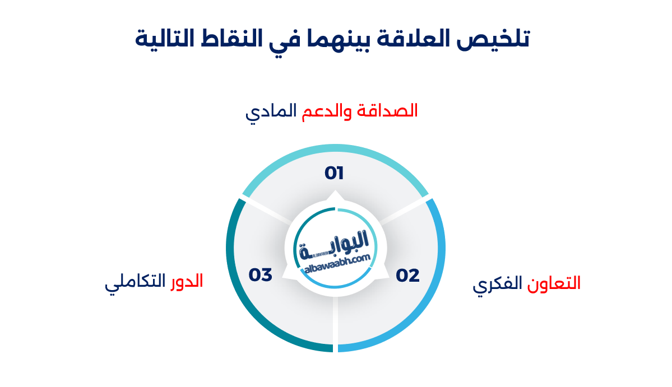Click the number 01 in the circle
pyautogui.click(x=334, y=173)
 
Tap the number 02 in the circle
pyautogui.click(x=407, y=275)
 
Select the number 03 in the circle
pyautogui.click(x=261, y=275)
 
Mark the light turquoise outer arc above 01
pyautogui.click(x=335, y=150)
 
